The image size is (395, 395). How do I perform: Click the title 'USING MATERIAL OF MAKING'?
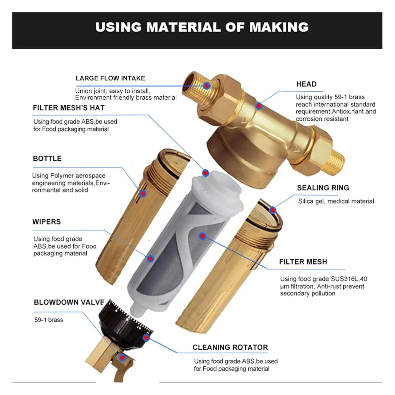[x=202, y=27]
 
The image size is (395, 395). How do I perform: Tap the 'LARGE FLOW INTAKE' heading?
[x=110, y=78]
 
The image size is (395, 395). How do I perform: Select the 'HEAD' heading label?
[x=306, y=84]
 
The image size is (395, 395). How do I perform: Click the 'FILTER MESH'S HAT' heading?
[x=69, y=108]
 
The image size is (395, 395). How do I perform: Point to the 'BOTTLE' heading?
[x=47, y=159]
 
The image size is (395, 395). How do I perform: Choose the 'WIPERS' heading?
[x=46, y=222]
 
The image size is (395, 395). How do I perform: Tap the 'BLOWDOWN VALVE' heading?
[x=69, y=302]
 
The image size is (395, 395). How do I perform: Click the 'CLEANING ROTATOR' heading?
[x=230, y=347]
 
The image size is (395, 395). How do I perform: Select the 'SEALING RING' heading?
[x=323, y=188]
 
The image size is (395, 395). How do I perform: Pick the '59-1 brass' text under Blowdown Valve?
[x=49, y=320]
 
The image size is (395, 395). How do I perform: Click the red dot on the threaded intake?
[x=207, y=86]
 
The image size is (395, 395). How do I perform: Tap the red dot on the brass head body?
[x=259, y=106]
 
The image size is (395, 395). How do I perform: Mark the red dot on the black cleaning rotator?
[x=146, y=338]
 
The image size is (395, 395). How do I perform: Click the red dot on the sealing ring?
[x=273, y=210]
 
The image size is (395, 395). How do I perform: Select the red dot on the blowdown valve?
[x=122, y=358]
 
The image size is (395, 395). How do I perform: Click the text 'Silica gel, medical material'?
[x=336, y=201]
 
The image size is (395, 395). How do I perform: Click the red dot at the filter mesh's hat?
[x=206, y=173]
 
